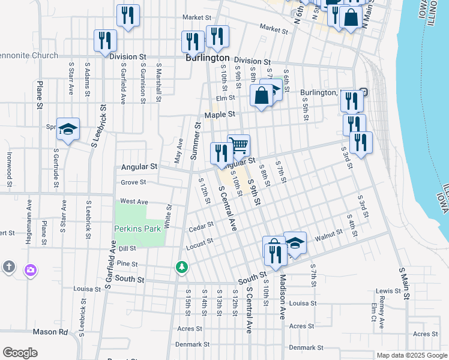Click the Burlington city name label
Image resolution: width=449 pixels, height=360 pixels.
[x=207, y=58]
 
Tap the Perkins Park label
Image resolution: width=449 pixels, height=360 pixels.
[x=139, y=229]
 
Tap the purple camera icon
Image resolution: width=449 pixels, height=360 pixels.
[x=30, y=270]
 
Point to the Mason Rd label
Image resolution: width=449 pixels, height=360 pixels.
[x=50, y=331]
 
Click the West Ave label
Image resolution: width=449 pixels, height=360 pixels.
[x=134, y=202]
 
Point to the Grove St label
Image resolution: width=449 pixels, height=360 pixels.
[x=133, y=182]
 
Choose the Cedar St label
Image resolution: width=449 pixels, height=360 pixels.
[x=201, y=227]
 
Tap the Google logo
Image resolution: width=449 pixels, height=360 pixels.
[x=20, y=353]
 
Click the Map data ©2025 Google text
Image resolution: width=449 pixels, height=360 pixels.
[x=412, y=355]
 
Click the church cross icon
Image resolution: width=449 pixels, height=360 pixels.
[x=8, y=266]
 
